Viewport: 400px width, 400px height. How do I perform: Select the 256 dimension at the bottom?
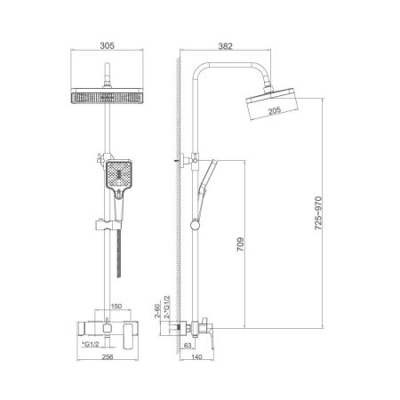(107, 357)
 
